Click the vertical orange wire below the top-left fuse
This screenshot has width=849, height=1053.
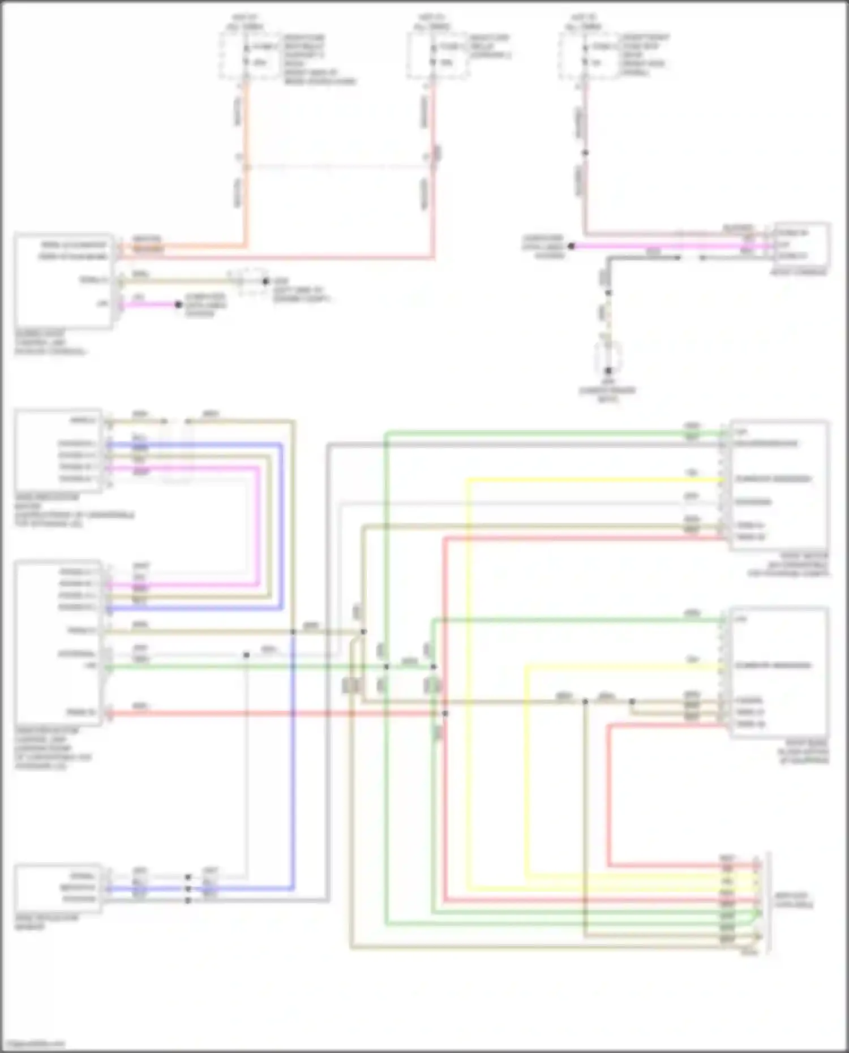click(x=246, y=170)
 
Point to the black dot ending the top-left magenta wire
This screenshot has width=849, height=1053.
click(x=178, y=304)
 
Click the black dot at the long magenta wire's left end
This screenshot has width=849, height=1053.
click(x=572, y=246)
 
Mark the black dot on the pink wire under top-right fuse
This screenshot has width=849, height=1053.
click(x=585, y=153)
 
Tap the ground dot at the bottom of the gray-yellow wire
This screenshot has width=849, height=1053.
click(x=608, y=371)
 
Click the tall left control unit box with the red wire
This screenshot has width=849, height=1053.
click(x=58, y=642)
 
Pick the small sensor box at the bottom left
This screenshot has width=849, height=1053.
click(x=58, y=888)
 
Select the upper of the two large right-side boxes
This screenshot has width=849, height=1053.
click(x=779, y=485)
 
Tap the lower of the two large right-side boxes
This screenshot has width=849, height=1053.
click(x=779, y=672)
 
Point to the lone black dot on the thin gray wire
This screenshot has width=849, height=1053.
click(x=246, y=655)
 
